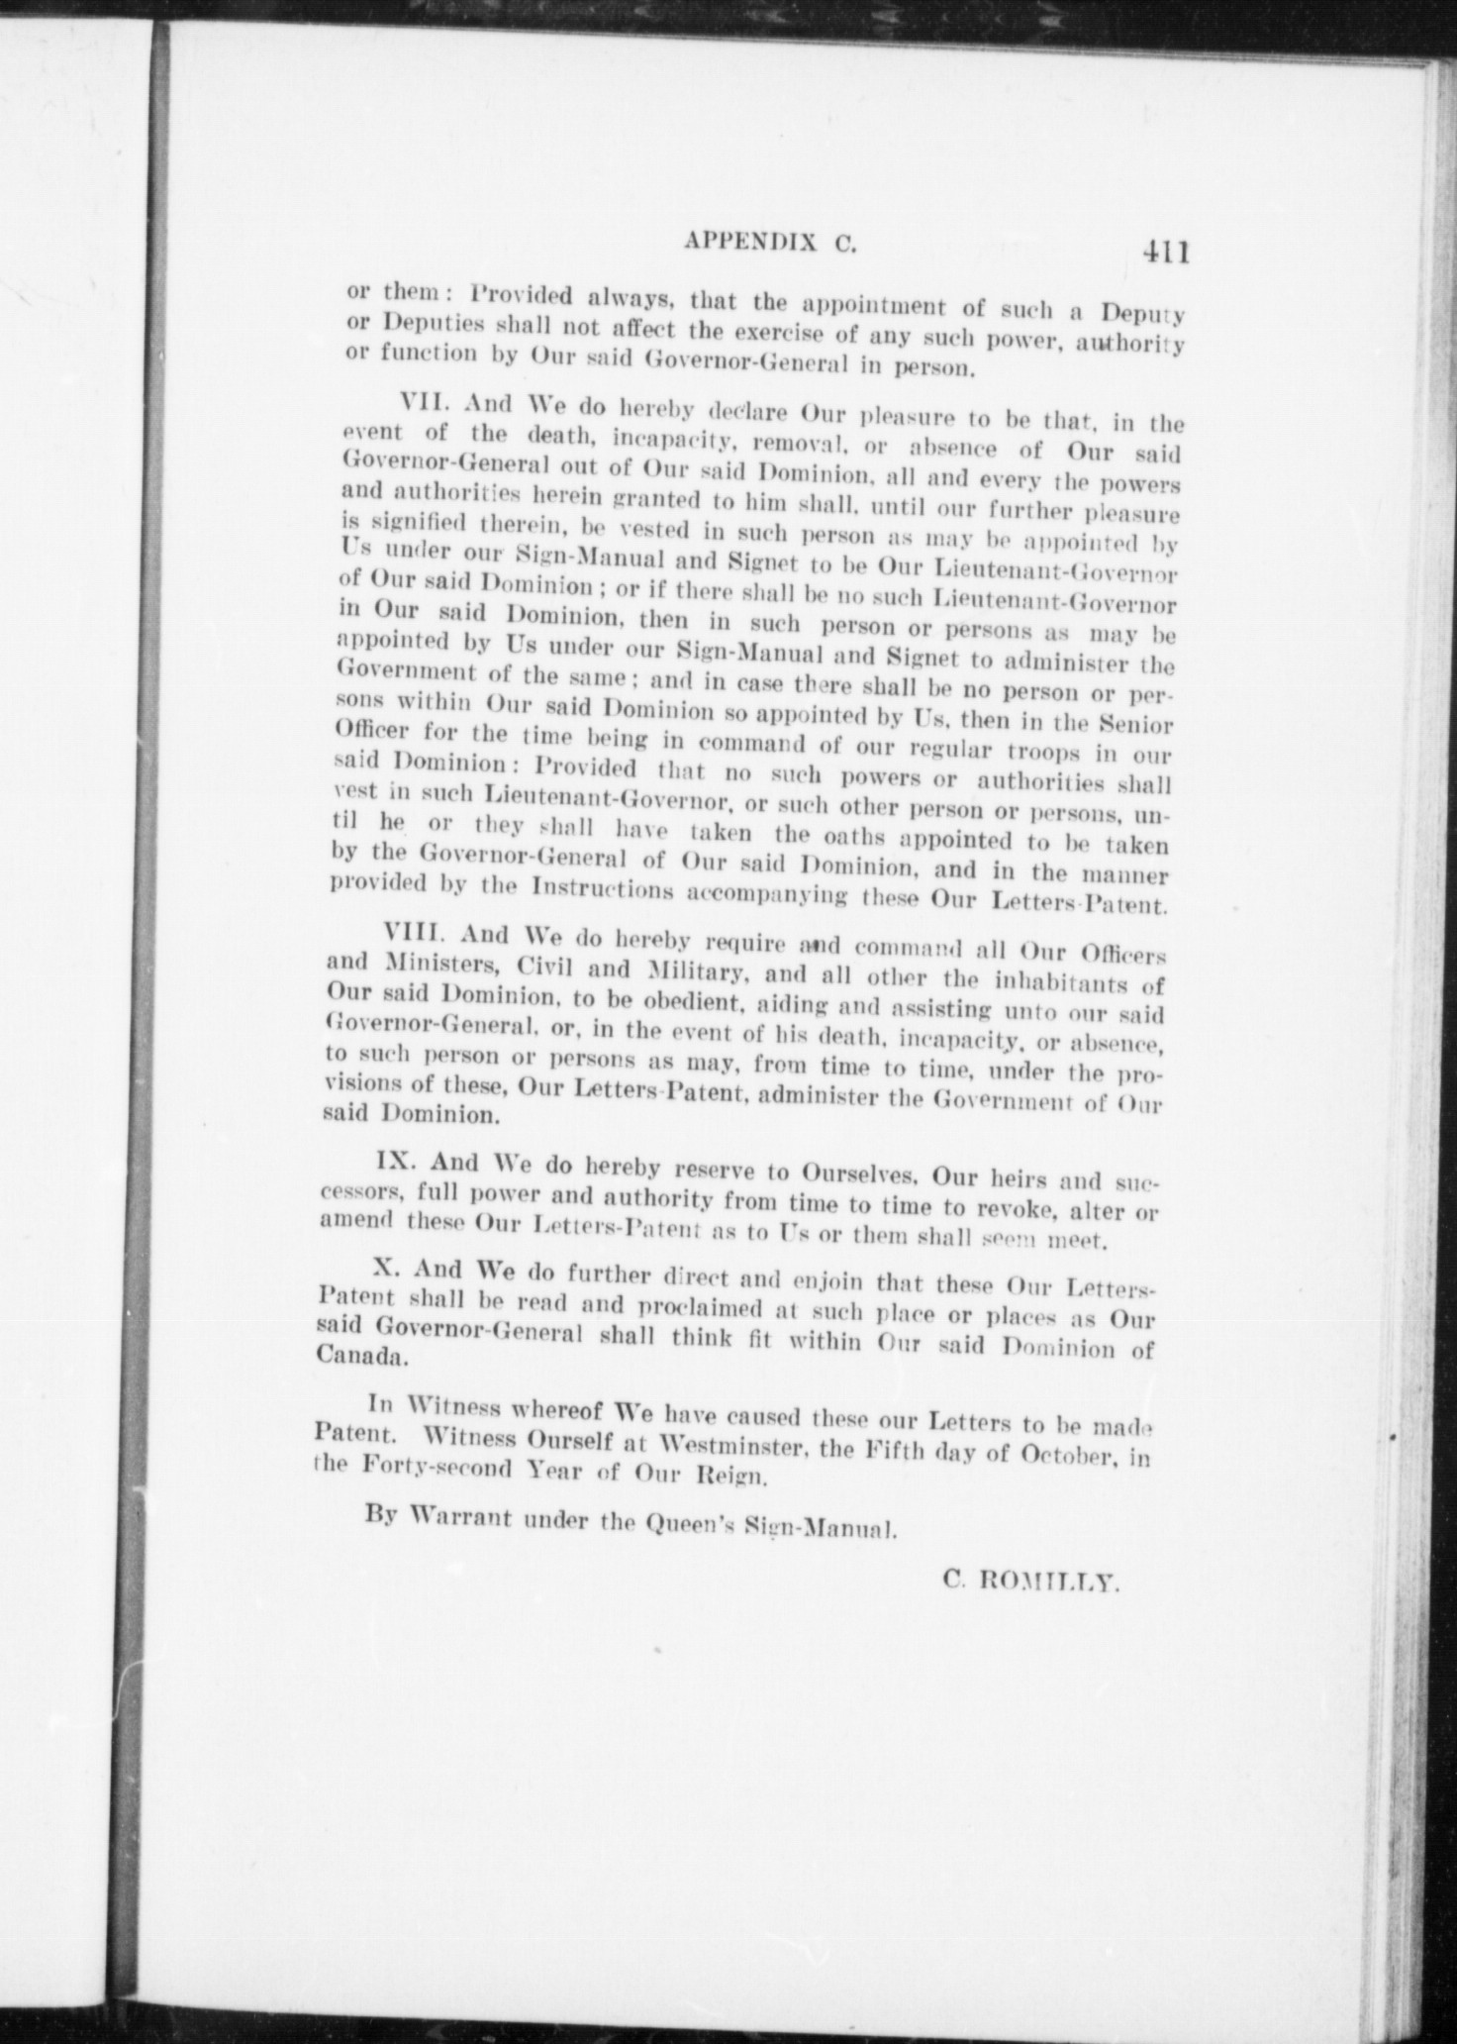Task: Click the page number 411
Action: [x=1162, y=251]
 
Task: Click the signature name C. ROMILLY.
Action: [x=1030, y=1583]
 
